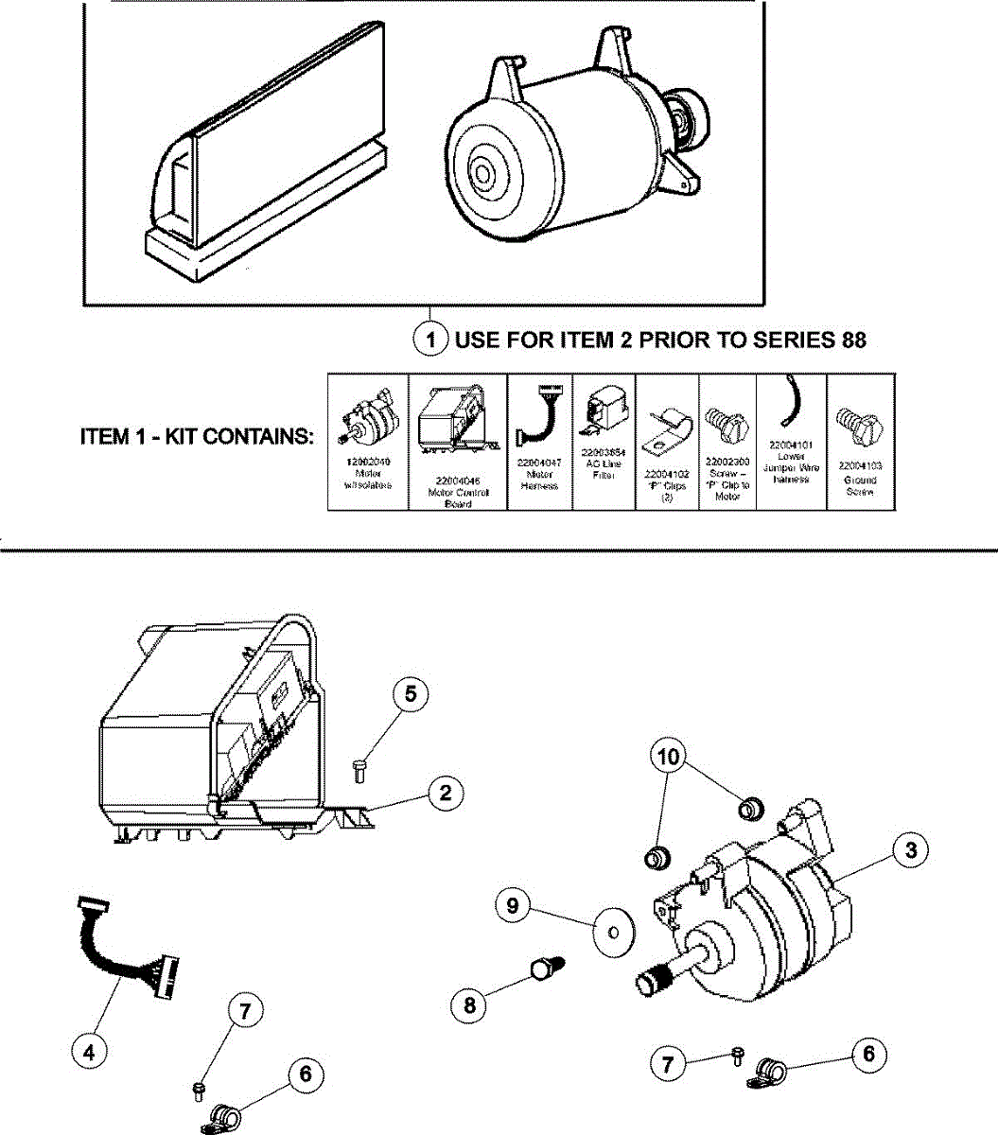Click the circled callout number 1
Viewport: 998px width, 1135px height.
(430, 339)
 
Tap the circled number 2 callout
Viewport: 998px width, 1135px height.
(446, 793)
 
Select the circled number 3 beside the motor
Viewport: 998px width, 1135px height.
(910, 850)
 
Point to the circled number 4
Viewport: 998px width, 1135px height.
(91, 1052)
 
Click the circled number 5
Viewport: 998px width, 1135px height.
(410, 694)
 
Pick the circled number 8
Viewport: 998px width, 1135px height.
(470, 1004)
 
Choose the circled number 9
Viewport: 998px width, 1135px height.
(513, 905)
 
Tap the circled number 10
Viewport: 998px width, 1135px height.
(667, 757)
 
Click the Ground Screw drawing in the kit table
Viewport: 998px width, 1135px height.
(859, 428)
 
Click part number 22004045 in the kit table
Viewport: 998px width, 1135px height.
(457, 480)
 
